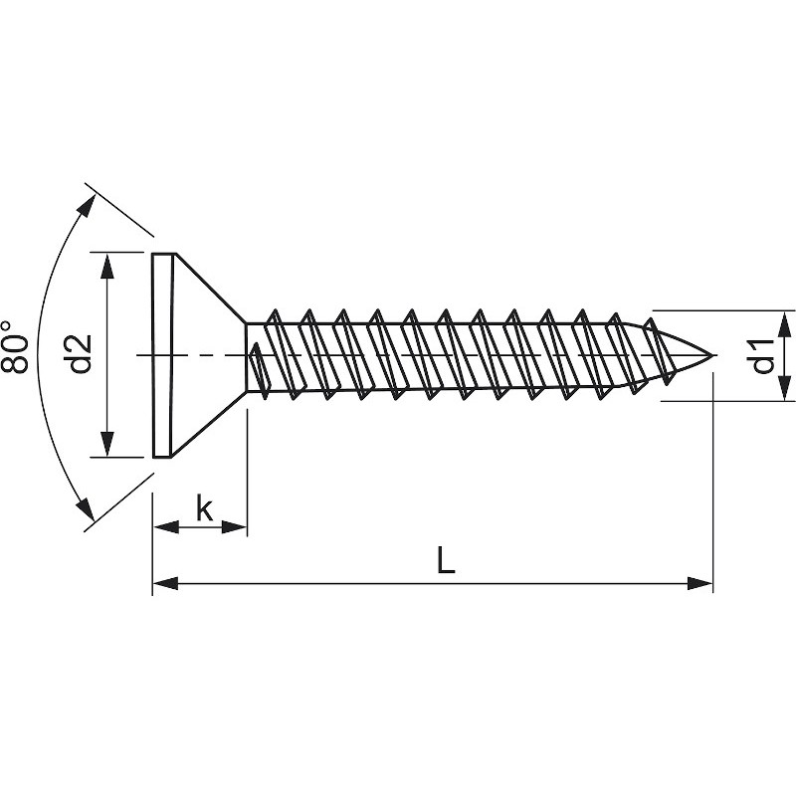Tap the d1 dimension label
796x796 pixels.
[x=761, y=355]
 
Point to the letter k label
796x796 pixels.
[x=204, y=509]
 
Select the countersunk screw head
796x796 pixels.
[x=194, y=355]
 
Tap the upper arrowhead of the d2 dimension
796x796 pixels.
[x=106, y=264]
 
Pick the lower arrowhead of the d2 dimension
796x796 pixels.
[x=106, y=446]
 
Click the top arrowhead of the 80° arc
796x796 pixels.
[x=91, y=206]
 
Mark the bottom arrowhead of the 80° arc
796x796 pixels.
[x=89, y=508]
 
